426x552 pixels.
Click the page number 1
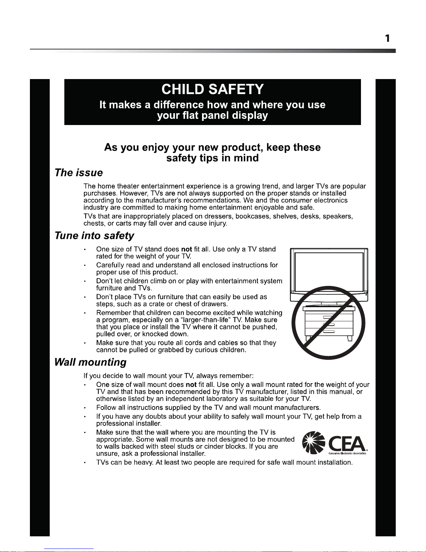[x=387, y=38]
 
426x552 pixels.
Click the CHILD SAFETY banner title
[x=212, y=90]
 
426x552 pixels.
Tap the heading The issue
[x=79, y=173]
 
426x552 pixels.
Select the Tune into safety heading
[x=94, y=236]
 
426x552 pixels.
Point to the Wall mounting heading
[x=90, y=362]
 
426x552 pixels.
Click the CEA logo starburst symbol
[x=314, y=442]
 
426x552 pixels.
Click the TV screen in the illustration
[x=329, y=272]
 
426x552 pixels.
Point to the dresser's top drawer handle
[x=329, y=318]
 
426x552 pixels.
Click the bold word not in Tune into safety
[x=187, y=249]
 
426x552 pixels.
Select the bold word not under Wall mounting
[x=191, y=385]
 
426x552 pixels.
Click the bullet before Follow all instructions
[x=85, y=408]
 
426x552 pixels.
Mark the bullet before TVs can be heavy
[x=85, y=463]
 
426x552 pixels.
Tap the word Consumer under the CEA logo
[x=335, y=453]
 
